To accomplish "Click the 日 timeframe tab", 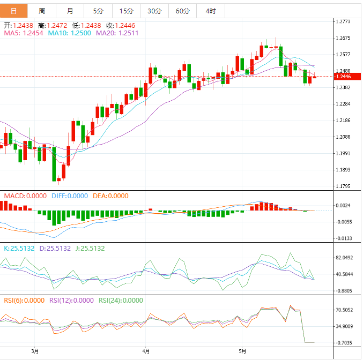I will pyautogui.click(x=13, y=11).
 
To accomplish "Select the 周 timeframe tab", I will pyautogui.click(x=42, y=11).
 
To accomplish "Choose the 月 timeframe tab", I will pyautogui.click(x=70, y=11).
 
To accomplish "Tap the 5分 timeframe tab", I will pyautogui.click(x=98, y=11).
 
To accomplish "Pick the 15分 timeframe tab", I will pyautogui.click(x=126, y=11).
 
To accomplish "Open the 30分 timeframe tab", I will pyautogui.click(x=154, y=11).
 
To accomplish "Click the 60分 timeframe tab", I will pyautogui.click(x=182, y=11).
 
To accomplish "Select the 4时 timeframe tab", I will pyautogui.click(x=211, y=11).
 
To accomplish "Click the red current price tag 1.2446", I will pyautogui.click(x=343, y=77).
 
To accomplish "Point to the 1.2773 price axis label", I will pyautogui.click(x=343, y=22).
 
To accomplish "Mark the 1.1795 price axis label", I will pyautogui.click(x=343, y=186).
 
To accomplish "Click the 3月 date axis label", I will pyautogui.click(x=35, y=351).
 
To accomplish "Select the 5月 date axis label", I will pyautogui.click(x=242, y=351).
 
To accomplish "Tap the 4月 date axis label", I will pyautogui.click(x=146, y=351).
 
